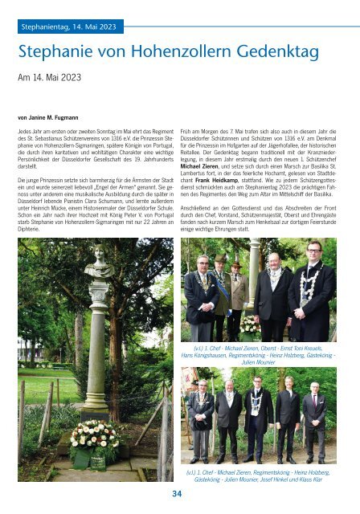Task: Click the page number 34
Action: pyautogui.click(x=176, y=492)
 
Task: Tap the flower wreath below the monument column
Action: pyautogui.click(x=95, y=439)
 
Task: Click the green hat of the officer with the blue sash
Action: pyautogui.click(x=221, y=259)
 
